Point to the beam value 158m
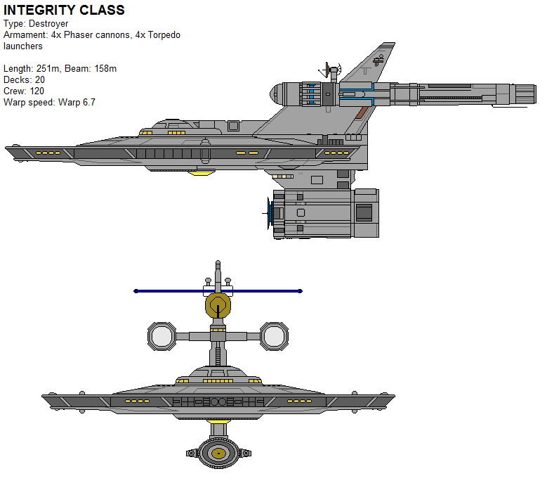[103, 68]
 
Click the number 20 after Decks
[40, 79]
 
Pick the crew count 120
[37, 91]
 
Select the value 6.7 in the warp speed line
[88, 102]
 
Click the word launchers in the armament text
[23, 46]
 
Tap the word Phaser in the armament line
[79, 35]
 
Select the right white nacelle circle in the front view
[275, 336]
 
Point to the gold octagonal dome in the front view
[218, 306]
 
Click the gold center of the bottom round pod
[218, 453]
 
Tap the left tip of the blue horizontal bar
[136, 290]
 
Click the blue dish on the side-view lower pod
[268, 213]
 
